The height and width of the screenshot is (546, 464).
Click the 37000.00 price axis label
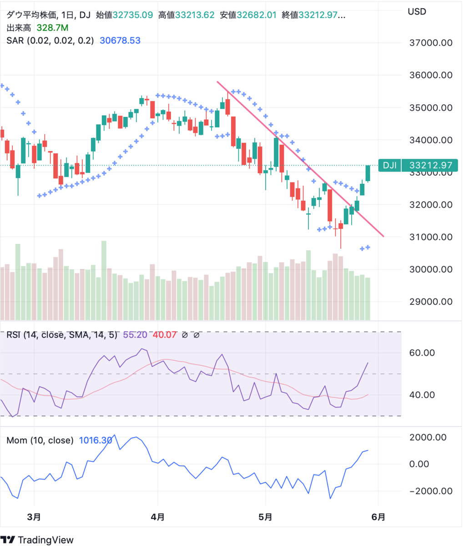(430, 43)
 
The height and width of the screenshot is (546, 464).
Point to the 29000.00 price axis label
(430, 301)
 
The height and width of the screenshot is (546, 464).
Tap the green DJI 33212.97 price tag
(418, 166)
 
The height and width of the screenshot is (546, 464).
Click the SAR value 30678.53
(120, 40)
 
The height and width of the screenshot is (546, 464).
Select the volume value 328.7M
(52, 28)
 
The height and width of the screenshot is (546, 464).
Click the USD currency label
(417, 11)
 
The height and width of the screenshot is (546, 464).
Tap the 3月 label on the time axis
(34, 517)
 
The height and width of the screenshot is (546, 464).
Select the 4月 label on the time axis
(157, 517)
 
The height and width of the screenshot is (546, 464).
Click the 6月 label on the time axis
(378, 517)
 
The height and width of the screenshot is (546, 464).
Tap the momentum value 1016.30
(96, 440)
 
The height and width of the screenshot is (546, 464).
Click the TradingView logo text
(45, 540)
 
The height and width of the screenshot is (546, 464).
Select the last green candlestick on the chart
(368, 173)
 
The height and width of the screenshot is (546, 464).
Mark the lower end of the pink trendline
(383, 236)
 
